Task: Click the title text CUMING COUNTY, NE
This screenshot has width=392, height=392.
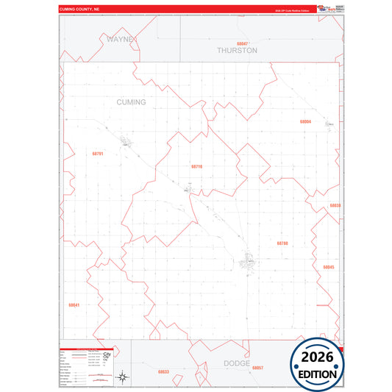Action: (85, 10)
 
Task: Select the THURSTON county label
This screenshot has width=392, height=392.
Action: (237, 51)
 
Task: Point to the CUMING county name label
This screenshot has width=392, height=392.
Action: (131, 102)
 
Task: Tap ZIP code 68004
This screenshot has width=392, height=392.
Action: (305, 121)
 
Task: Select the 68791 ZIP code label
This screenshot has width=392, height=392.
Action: (98, 154)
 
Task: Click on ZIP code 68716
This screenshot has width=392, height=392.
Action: (196, 167)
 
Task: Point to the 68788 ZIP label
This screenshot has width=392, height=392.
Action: (282, 243)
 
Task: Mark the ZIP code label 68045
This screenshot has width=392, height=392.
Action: (328, 267)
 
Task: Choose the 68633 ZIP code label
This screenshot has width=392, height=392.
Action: (163, 371)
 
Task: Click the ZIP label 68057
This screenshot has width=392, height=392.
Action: (257, 368)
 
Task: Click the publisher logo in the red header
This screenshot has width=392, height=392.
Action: (324, 9)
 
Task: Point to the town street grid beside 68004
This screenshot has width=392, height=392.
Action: (330, 124)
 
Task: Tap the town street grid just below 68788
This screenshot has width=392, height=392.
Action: (250, 260)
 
